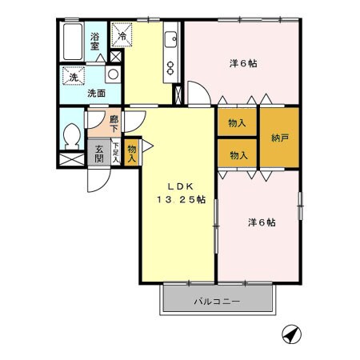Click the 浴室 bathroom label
pyautogui.click(x=94, y=41)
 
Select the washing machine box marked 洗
pyautogui.click(x=73, y=78)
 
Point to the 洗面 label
pyautogui.click(x=96, y=91)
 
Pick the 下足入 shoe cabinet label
pyautogui.click(x=116, y=152)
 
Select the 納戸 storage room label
pyautogui.click(x=279, y=138)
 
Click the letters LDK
pyautogui.click(x=178, y=182)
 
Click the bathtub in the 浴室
pyautogui.click(x=70, y=39)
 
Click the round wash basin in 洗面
pyautogui.click(x=113, y=74)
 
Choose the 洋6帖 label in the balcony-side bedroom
pyautogui.click(x=260, y=222)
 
